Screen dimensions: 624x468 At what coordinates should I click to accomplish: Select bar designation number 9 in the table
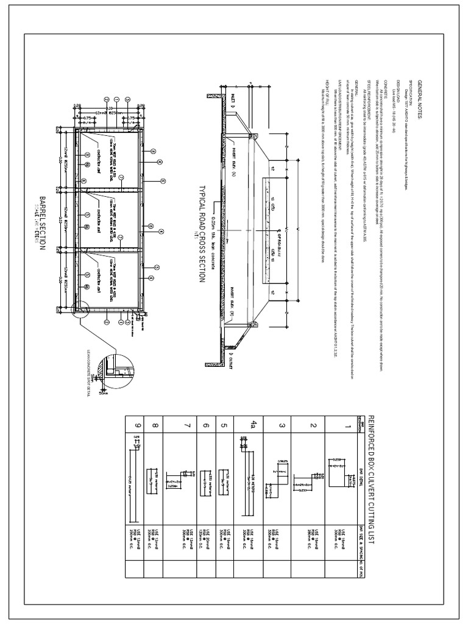138,425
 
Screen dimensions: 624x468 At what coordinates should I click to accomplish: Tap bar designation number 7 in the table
187,425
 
